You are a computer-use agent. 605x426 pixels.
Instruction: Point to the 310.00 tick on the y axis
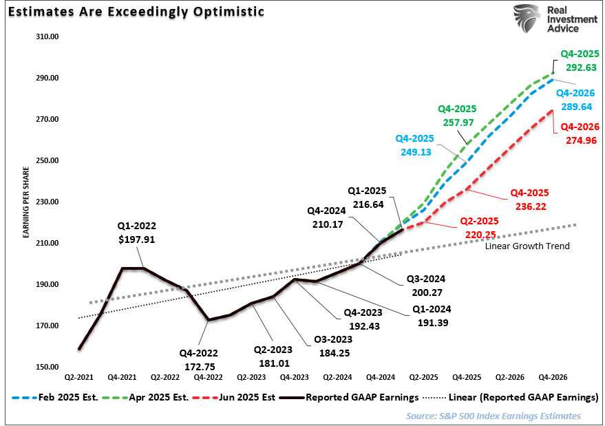47,36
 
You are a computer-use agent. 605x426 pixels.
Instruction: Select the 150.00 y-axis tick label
47,367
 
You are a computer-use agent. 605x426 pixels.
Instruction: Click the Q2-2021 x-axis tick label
80,378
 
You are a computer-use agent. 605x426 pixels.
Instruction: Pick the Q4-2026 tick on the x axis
553,378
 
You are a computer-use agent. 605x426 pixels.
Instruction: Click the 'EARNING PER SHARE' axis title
26,202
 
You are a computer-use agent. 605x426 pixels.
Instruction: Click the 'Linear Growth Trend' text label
527,246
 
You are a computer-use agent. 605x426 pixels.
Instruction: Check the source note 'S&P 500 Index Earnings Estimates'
493,416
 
